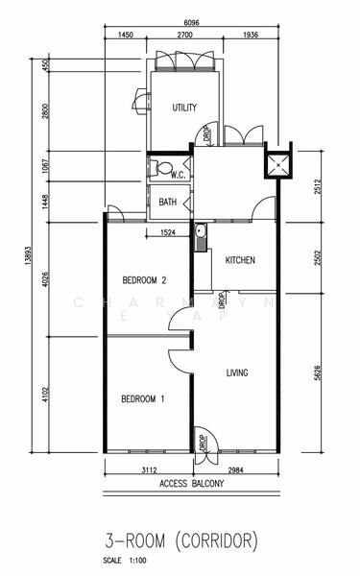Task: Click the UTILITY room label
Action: [184, 108]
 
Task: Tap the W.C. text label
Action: [178, 175]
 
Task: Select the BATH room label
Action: [168, 202]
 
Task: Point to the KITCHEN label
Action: [239, 260]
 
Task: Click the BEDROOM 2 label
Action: [145, 280]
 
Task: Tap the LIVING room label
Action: [239, 372]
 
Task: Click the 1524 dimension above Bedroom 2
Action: [168, 232]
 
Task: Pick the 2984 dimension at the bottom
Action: [235, 470]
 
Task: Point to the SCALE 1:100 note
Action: [130, 561]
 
